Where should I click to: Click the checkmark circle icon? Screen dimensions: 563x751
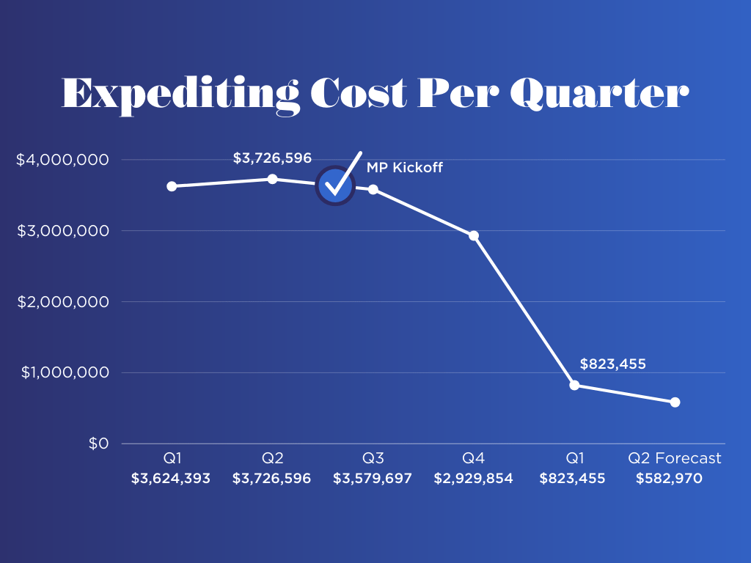[x=335, y=185]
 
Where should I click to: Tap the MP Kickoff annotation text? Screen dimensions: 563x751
[x=405, y=168]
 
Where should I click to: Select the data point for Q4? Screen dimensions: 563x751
[x=474, y=235]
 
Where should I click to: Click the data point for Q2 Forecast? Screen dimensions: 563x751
[x=675, y=402]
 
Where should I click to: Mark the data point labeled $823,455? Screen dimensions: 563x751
[x=574, y=385]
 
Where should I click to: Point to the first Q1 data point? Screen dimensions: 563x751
[x=172, y=186]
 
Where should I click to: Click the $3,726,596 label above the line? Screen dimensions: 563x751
[x=272, y=158]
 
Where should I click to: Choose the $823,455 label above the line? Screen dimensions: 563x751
[x=612, y=364]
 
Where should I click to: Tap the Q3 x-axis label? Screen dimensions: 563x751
[x=373, y=459]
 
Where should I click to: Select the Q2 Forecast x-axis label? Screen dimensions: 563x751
[x=675, y=459]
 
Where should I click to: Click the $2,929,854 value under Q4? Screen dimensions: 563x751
[x=473, y=479]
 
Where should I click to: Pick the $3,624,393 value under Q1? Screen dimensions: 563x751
[x=172, y=479]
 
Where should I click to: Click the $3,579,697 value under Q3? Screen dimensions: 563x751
[x=373, y=479]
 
